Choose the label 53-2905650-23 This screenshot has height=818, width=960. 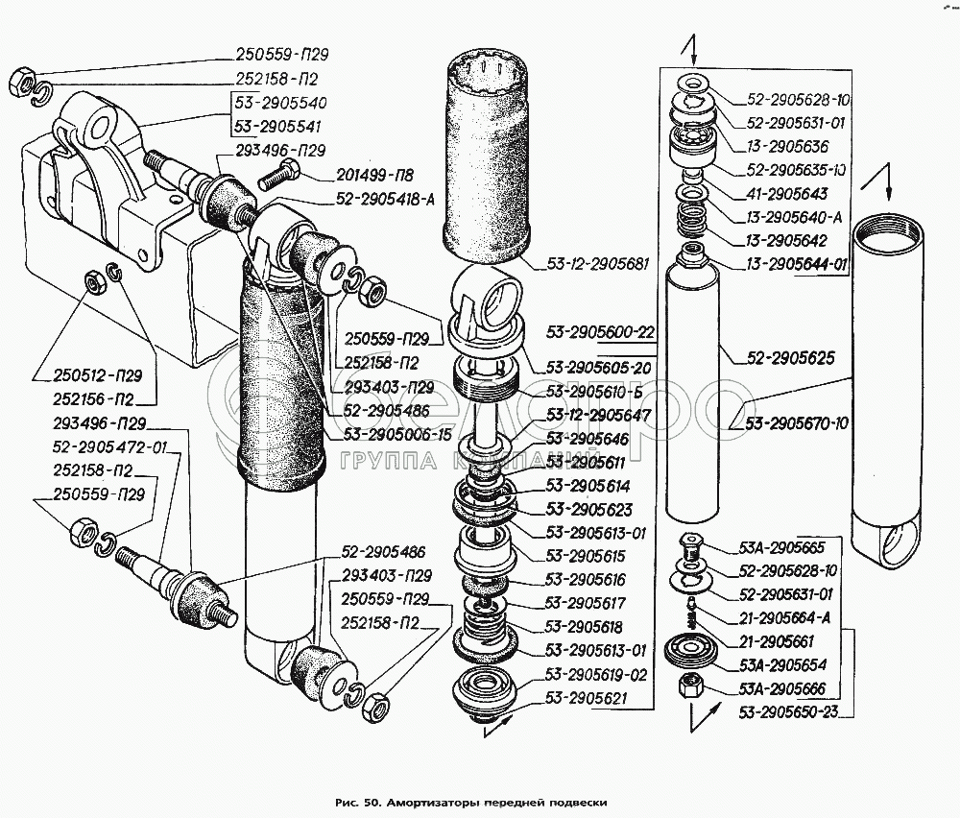(787, 711)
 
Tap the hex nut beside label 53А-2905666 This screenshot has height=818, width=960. (688, 686)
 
